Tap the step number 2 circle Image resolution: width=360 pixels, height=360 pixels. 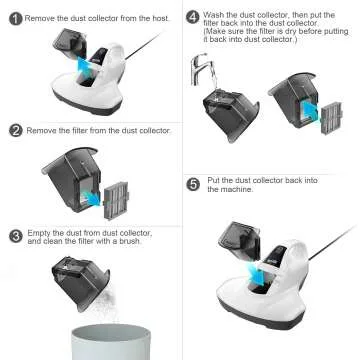[16, 130]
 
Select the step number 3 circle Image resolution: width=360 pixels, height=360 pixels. [16, 236]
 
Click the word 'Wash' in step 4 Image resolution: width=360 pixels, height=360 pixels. [216, 15]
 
